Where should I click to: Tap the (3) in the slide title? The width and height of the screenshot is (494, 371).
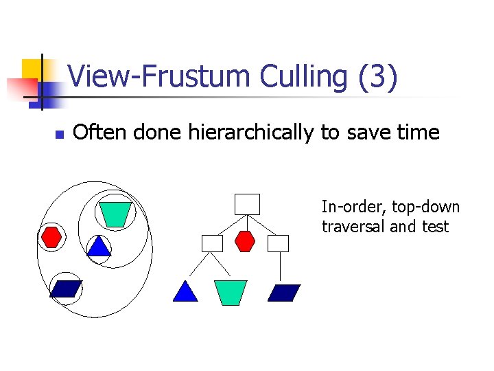(377, 77)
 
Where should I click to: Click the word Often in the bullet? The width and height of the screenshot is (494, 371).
(100, 132)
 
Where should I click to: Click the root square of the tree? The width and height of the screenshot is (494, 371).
(247, 204)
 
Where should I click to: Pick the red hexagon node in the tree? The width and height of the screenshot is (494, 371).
(246, 243)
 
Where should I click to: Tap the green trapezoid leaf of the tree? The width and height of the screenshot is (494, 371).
(231, 292)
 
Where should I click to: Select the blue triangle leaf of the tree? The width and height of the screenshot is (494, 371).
(185, 293)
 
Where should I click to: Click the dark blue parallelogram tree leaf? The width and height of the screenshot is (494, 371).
(284, 293)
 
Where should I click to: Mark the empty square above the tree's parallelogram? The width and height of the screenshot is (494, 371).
(279, 243)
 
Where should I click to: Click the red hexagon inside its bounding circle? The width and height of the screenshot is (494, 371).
(52, 236)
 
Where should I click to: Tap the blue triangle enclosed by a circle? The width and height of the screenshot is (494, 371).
(99, 247)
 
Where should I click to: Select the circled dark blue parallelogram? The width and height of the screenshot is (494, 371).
(66, 289)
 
